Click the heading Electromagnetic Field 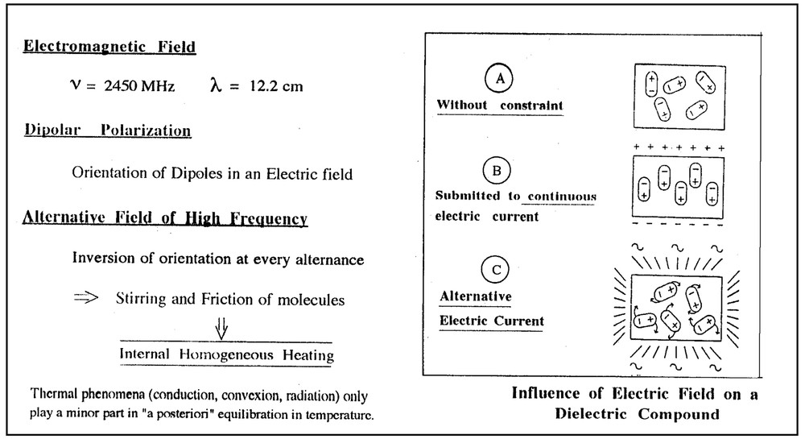109,47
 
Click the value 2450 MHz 130,86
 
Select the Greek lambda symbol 215,85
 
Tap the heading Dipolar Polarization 106,130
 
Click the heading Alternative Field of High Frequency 165,217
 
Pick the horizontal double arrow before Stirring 85,299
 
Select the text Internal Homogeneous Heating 226,354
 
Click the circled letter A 500,80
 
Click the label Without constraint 499,106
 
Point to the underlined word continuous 562,196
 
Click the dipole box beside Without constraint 679,94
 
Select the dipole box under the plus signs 679,184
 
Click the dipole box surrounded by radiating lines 678,309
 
